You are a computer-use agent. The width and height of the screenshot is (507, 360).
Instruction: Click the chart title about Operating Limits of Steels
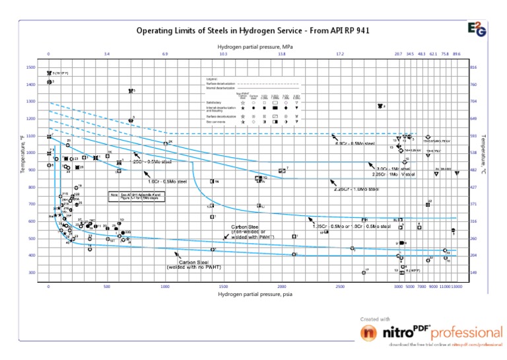point(252,30)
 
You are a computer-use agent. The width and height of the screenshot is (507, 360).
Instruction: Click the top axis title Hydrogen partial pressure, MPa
point(255,47)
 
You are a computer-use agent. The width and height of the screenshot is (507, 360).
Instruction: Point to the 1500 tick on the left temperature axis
point(31,68)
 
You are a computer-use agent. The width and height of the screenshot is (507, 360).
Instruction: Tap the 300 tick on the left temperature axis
point(31,273)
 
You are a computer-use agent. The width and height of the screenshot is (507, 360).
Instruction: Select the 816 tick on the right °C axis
point(473,68)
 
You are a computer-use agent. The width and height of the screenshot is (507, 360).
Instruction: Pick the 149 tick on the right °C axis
point(473,273)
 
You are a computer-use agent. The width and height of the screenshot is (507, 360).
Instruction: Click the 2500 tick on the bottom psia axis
point(340,287)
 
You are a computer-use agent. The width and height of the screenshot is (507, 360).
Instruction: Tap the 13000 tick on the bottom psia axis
point(457,287)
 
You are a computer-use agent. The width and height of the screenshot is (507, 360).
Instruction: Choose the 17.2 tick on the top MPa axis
point(340,55)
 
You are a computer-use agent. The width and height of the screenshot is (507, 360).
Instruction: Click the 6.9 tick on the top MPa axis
point(165,55)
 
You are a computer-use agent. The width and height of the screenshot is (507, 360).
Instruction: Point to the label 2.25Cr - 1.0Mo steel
point(356,190)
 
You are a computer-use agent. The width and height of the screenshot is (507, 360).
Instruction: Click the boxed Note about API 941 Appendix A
point(136,196)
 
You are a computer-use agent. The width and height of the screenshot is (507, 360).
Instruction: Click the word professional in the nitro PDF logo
point(467,332)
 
